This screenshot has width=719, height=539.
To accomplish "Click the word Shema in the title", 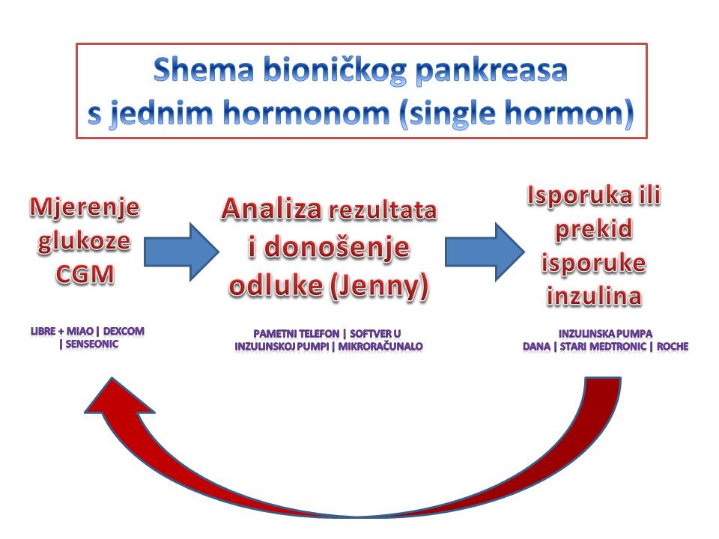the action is pos(204,70).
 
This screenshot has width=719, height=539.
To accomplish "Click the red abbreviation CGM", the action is pos(85,275).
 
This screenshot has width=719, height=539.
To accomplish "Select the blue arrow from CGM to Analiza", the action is pos(181,252).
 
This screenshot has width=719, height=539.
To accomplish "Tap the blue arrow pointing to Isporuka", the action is pos(485,252).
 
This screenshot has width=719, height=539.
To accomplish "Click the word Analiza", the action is pos(271,209).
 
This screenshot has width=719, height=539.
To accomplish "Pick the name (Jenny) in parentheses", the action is pos(379,287).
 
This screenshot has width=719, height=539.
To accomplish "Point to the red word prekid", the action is pos(594,229).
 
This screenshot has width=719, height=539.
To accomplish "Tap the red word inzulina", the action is pos(594,295).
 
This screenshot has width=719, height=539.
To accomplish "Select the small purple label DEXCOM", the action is pos(124,331).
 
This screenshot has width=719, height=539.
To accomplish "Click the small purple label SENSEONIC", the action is pos(92,344).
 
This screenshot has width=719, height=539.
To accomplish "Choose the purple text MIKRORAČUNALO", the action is pos(380,347).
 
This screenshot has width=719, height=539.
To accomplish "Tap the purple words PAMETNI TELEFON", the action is pos(297,334).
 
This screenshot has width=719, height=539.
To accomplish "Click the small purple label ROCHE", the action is pos(673,347).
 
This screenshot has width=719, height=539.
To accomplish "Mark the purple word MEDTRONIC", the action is pos(618,347).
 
